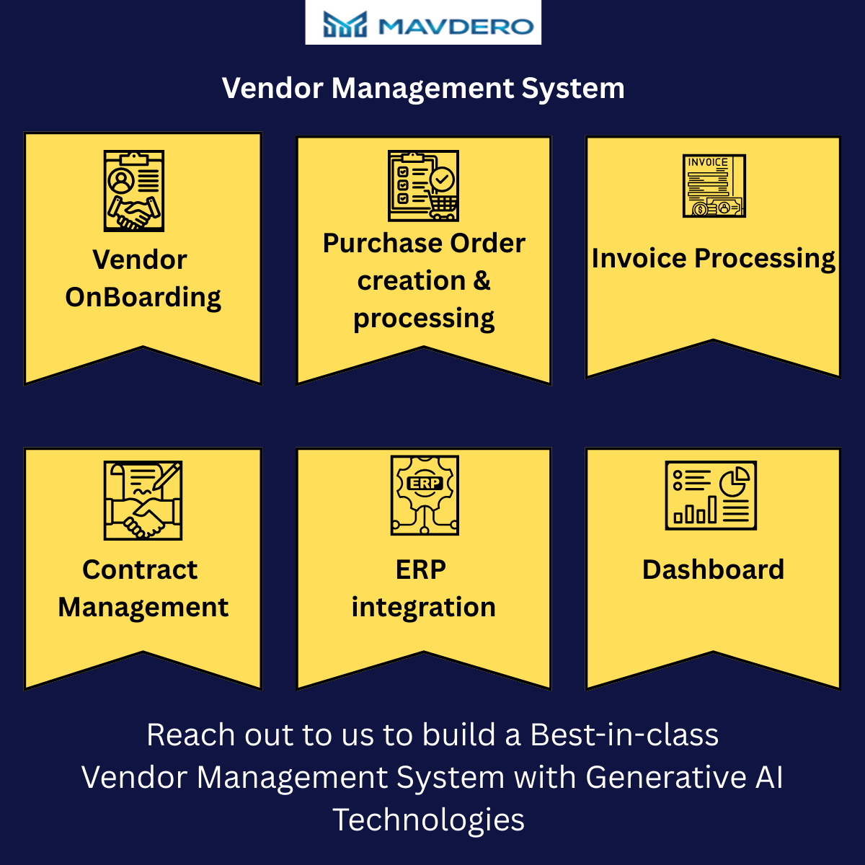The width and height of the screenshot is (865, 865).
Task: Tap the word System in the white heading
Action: [x=573, y=89]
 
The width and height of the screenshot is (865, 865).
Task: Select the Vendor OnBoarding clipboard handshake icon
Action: [x=134, y=191]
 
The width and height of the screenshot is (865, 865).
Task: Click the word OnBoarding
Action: [x=143, y=298]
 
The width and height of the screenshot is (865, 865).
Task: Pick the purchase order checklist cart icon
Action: [x=423, y=185]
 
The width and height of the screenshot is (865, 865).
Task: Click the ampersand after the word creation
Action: [x=482, y=281]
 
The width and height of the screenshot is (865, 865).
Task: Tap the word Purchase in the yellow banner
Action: [x=383, y=244]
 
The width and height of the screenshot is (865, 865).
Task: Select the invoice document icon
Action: [x=714, y=186]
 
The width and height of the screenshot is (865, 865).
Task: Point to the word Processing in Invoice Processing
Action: [x=765, y=259]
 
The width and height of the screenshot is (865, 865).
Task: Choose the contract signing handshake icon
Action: [x=143, y=500]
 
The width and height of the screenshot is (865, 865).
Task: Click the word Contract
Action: [x=140, y=569]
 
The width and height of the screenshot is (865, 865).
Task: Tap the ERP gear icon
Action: [x=425, y=495]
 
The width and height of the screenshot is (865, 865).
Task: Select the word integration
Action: [x=424, y=608]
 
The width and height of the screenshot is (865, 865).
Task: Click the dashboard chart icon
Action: [x=711, y=495]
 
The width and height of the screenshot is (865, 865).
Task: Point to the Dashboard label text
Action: [x=714, y=569]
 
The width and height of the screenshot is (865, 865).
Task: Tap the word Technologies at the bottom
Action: [x=428, y=820]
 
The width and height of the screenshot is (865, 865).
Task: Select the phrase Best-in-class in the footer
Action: [x=624, y=735]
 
